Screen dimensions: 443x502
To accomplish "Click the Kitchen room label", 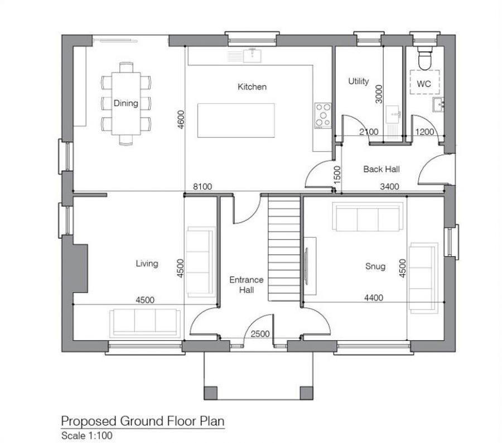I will [252, 86].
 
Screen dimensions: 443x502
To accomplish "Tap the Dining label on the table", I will [126, 103].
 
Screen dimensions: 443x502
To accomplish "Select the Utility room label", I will [358, 81].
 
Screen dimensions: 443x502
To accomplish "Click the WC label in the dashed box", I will [424, 84].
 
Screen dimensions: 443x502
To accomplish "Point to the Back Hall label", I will [381, 169].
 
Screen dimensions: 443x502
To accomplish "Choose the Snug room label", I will [375, 266].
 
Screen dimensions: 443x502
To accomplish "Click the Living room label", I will [147, 263].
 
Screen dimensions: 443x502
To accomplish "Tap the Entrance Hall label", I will [245, 285].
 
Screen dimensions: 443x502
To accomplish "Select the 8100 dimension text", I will [202, 187].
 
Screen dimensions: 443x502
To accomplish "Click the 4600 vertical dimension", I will [181, 120].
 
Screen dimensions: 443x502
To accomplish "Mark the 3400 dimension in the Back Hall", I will [389, 187].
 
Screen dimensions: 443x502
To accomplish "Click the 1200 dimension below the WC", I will [425, 132].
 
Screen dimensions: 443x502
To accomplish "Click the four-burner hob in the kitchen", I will [323, 115].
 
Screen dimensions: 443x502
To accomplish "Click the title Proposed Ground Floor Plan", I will [142, 420].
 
